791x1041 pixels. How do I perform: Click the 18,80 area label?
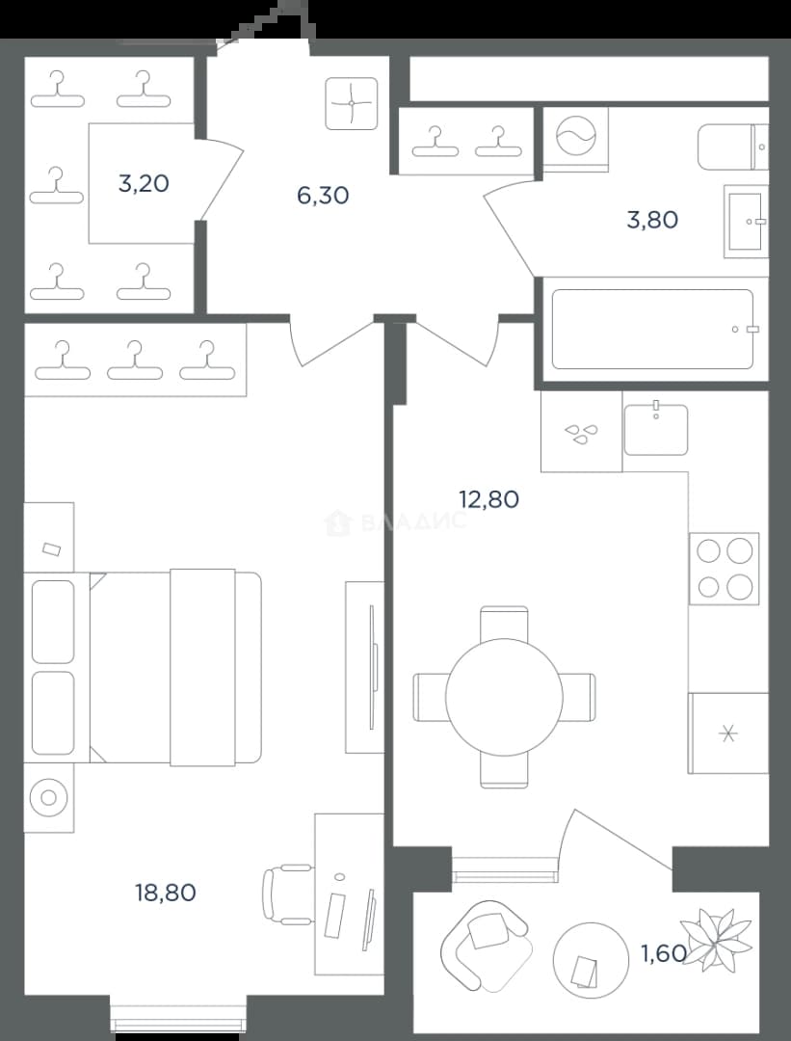[166, 893]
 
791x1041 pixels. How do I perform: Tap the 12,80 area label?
[489, 498]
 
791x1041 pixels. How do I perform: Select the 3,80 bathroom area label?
[652, 220]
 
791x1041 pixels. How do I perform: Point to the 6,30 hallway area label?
[323, 196]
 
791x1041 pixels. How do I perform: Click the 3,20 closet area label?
[144, 183]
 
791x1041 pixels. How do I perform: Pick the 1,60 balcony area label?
[663, 953]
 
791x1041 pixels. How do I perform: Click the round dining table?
[504, 697]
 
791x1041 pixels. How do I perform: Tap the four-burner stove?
[724, 569]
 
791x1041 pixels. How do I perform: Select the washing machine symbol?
[575, 140]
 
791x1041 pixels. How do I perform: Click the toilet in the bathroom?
[732, 147]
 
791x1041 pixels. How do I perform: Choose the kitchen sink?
[655, 429]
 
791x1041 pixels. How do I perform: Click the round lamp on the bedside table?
[48, 797]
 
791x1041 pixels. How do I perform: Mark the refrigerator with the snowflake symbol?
[728, 733]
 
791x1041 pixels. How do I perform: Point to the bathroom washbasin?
[746, 221]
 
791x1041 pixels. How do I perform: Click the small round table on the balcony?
[591, 961]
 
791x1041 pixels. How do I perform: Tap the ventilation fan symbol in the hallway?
[351, 103]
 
